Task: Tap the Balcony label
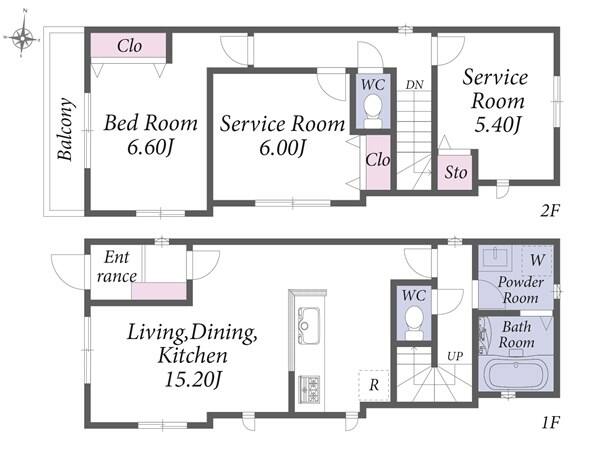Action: click(x=65, y=129)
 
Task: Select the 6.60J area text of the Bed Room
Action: click(x=151, y=147)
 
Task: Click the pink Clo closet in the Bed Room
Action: click(x=128, y=46)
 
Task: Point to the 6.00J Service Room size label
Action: click(x=283, y=148)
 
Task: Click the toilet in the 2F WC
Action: click(x=373, y=111)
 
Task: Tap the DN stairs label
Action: click(x=414, y=85)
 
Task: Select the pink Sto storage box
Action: click(x=454, y=172)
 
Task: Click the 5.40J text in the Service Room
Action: click(x=497, y=125)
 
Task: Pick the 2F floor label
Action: click(x=550, y=210)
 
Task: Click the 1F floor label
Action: click(x=551, y=423)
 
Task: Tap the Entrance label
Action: click(x=117, y=266)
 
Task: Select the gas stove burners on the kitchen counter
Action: click(x=309, y=390)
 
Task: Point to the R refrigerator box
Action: click(x=374, y=385)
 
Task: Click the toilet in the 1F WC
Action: click(x=414, y=323)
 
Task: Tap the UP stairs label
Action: click(x=455, y=356)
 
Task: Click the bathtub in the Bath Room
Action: click(x=515, y=374)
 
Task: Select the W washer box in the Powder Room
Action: click(x=537, y=260)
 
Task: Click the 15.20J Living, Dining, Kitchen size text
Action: click(x=193, y=380)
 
